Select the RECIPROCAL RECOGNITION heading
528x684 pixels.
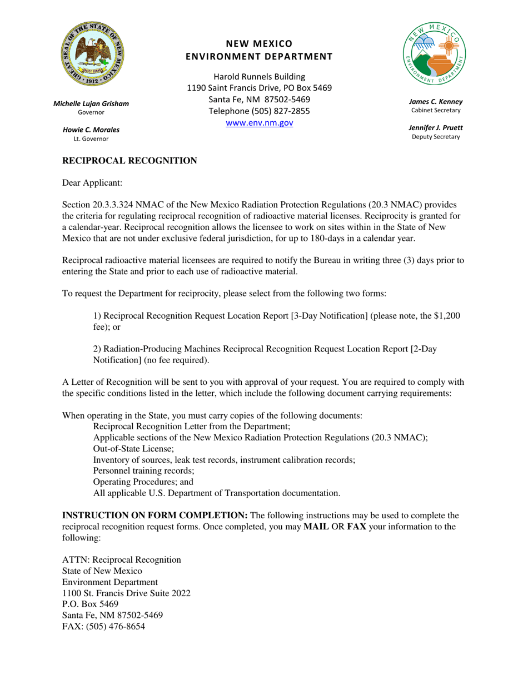[129, 161]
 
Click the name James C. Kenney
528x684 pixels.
[435, 102]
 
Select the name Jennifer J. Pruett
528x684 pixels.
[435, 128]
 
